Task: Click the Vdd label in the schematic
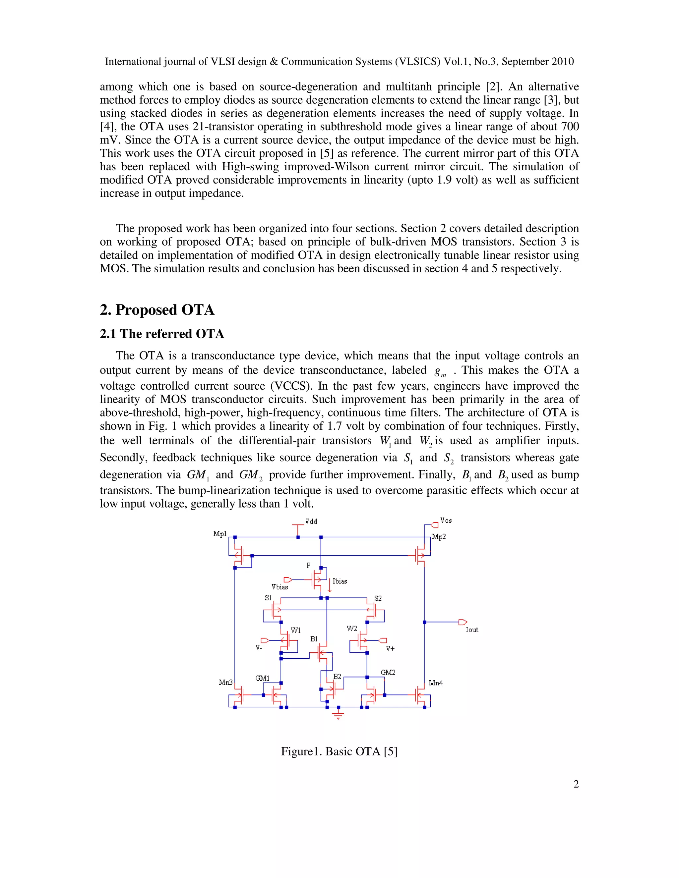point(311,521)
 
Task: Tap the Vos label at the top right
point(446,521)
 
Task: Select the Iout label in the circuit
point(471,630)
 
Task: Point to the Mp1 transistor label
point(220,534)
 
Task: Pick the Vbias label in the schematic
point(279,587)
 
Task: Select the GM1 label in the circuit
point(263,678)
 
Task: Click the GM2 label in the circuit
point(388,672)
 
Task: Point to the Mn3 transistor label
point(226,682)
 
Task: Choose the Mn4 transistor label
point(436,683)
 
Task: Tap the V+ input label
point(390,648)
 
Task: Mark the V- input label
point(259,648)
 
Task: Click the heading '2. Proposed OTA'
point(157,310)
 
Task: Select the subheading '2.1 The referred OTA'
point(162,334)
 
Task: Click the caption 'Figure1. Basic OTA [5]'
point(339,751)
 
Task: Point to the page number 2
point(576,784)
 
